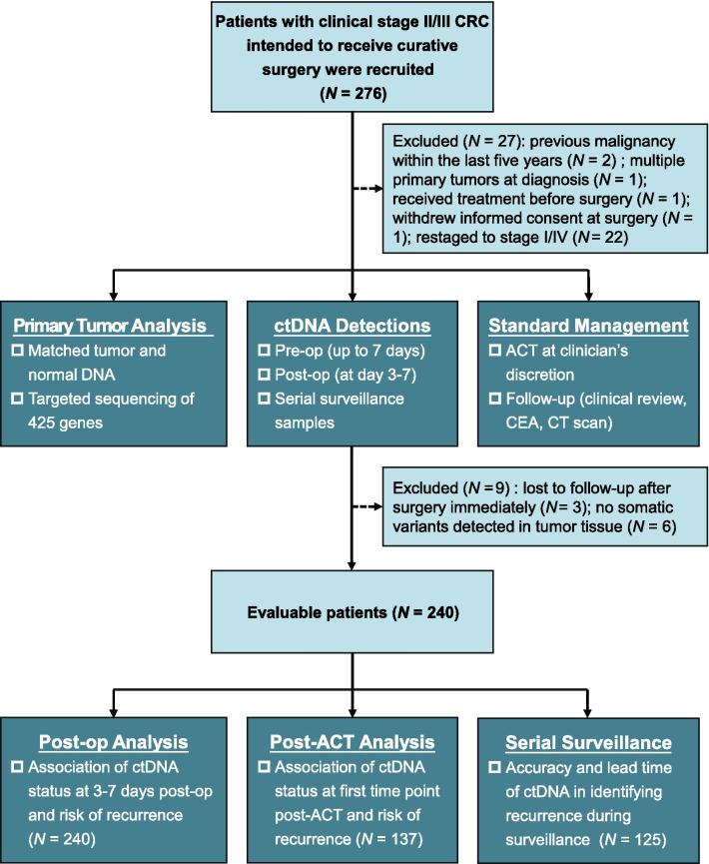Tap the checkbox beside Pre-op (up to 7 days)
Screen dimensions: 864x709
pyautogui.click(x=266, y=353)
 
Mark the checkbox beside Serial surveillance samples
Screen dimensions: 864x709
pyautogui.click(x=266, y=401)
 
